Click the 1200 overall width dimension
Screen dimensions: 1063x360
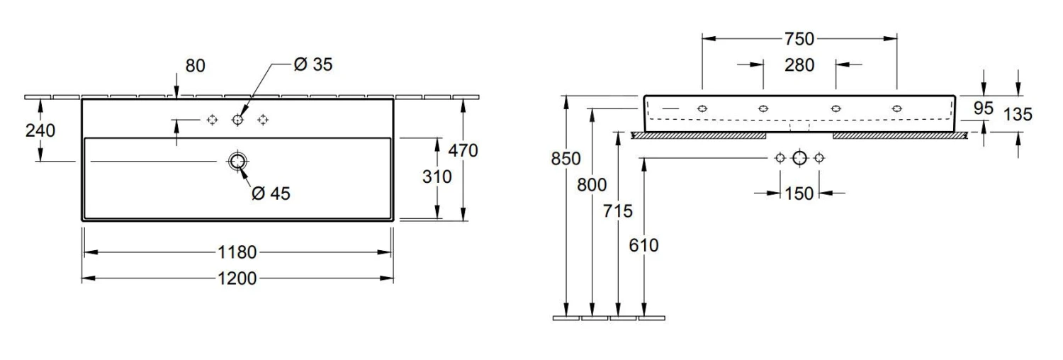pos(237,279)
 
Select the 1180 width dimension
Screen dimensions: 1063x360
pos(237,252)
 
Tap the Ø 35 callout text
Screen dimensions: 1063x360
pos(313,64)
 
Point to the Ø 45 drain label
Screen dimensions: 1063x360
pos(271,193)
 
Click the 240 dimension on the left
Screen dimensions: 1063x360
pos(40,130)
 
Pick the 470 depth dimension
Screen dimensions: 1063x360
pos(463,151)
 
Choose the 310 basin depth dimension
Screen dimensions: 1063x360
pos(437,177)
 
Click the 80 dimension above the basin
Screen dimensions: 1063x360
pos(195,66)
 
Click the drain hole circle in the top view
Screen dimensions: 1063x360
pos(237,162)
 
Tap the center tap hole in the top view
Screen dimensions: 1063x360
pos(237,120)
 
